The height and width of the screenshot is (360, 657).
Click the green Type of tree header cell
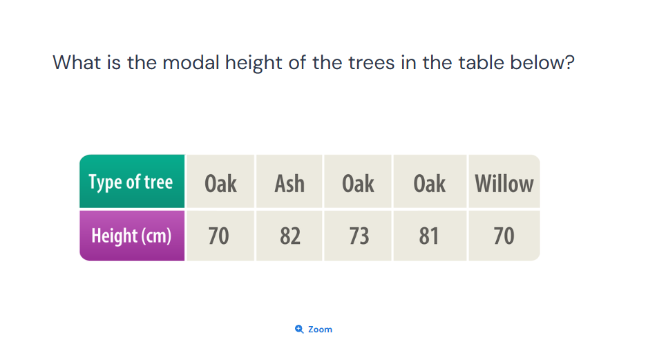(131, 182)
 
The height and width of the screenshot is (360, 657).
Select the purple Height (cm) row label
(131, 236)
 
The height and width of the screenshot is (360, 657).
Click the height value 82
(290, 236)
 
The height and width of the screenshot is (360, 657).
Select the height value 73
(359, 236)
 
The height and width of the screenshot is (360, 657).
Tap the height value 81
(429, 236)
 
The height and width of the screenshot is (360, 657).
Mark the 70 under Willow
(504, 236)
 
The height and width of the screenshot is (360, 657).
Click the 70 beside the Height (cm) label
(219, 236)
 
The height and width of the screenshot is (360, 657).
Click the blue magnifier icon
(299, 330)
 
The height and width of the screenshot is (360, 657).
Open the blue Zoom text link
(320, 330)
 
